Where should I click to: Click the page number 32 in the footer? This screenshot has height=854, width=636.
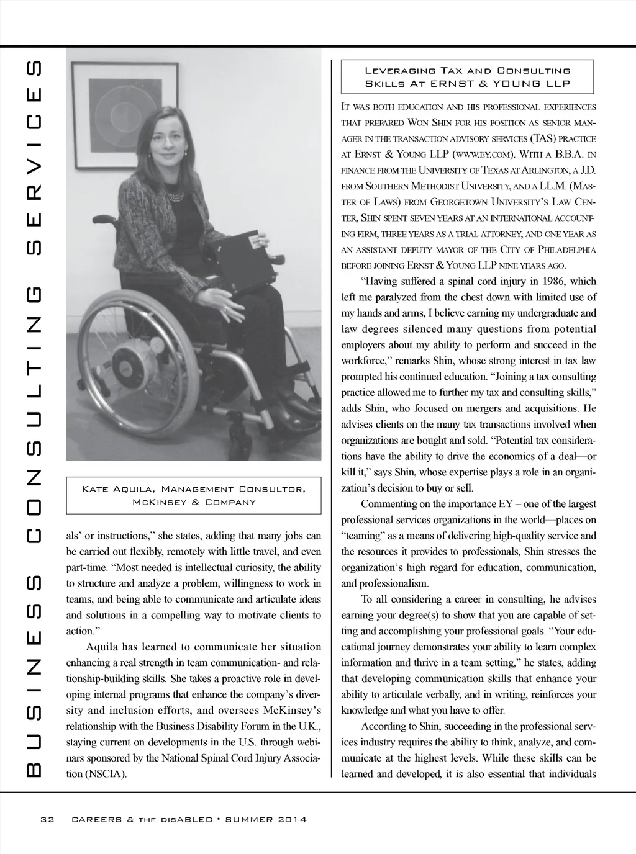(47, 820)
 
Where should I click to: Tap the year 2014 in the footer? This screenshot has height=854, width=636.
(292, 820)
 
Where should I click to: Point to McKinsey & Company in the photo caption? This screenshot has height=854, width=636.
(194, 502)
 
